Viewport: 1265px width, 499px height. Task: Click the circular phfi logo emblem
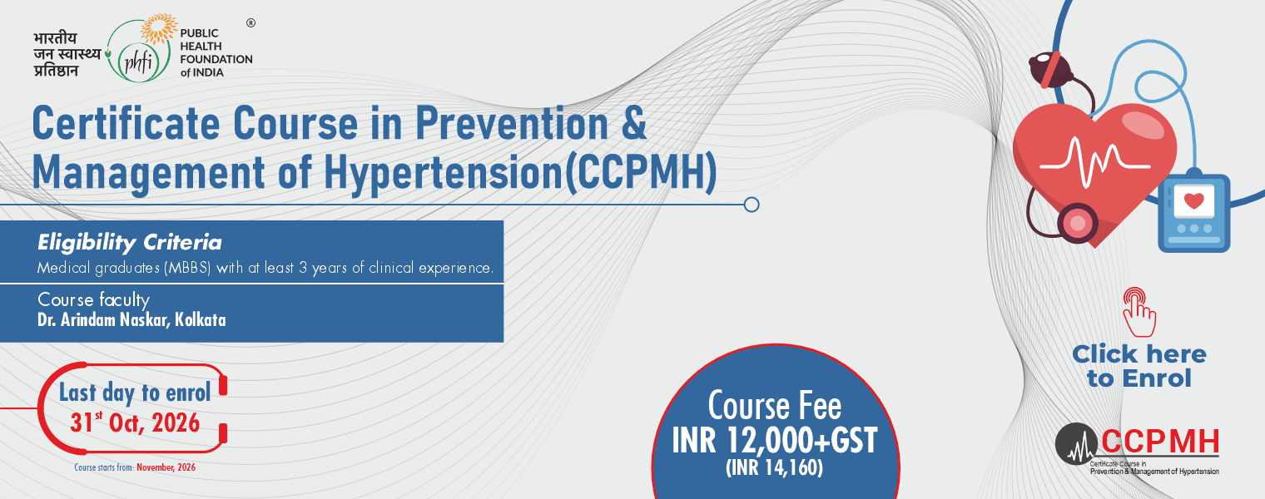click(x=138, y=51)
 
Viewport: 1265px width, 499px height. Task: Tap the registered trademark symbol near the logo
click(x=251, y=23)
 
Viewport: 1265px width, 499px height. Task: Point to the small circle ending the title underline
click(x=751, y=205)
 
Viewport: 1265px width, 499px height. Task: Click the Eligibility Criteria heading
click(x=129, y=243)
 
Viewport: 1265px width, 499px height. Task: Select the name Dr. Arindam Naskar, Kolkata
click(x=131, y=320)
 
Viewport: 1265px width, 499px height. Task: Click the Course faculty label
click(x=93, y=299)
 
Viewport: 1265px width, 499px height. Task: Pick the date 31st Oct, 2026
click(x=135, y=422)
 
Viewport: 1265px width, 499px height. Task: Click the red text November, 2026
click(x=166, y=467)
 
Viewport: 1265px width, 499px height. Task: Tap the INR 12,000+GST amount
click(x=774, y=441)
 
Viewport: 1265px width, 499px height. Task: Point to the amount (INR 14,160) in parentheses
click(x=774, y=468)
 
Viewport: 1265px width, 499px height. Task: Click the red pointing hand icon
click(x=1139, y=312)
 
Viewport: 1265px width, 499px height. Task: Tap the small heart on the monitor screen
click(x=1193, y=200)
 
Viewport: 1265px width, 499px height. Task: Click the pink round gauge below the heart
click(x=1078, y=224)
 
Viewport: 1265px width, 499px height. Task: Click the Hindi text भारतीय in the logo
click(x=55, y=38)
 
